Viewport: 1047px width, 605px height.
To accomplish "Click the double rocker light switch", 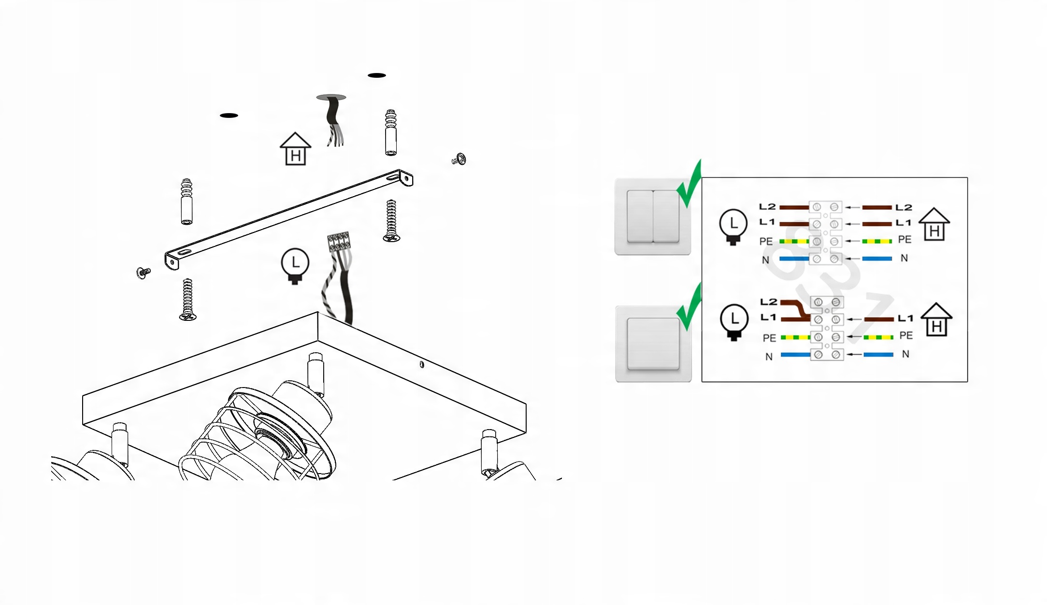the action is (x=652, y=216).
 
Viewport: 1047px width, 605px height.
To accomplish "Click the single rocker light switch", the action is (x=653, y=344).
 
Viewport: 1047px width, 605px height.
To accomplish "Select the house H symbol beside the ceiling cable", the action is (x=295, y=149).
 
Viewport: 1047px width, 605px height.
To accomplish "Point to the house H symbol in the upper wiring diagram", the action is (x=934, y=224).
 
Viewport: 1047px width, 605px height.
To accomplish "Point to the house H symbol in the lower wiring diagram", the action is (x=936, y=319).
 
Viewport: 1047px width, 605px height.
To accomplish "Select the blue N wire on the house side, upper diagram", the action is (x=877, y=259).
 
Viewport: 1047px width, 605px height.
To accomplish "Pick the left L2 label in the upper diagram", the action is (x=767, y=207).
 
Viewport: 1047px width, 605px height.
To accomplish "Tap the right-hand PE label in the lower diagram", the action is (x=906, y=335).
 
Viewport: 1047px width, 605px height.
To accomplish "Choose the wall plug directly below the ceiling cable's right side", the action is (x=391, y=132).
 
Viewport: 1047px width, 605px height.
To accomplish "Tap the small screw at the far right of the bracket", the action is (x=459, y=159).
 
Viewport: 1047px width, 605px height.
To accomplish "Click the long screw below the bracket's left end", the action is (x=187, y=300).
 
